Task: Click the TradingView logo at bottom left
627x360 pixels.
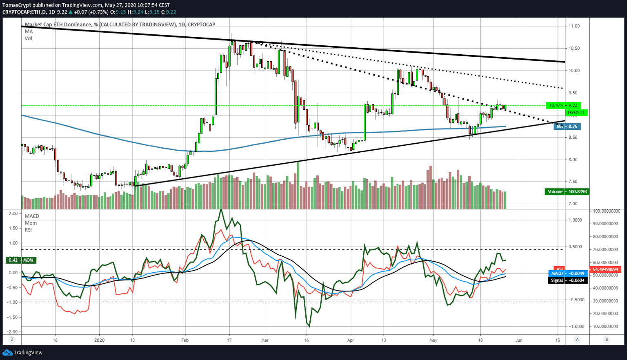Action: point(23,353)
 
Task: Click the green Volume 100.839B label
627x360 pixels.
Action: point(567,192)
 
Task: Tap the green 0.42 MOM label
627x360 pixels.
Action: point(21,260)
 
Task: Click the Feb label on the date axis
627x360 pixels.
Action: point(185,340)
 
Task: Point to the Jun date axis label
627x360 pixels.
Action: point(518,340)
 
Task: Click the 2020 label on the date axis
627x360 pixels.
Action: point(99,340)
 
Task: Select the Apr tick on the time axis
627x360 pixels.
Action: point(350,340)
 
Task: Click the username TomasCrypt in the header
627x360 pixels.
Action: point(17,5)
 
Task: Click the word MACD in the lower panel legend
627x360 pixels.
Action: point(32,216)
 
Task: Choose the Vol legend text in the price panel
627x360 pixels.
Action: point(28,38)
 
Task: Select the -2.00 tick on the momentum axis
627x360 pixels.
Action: point(13,332)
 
